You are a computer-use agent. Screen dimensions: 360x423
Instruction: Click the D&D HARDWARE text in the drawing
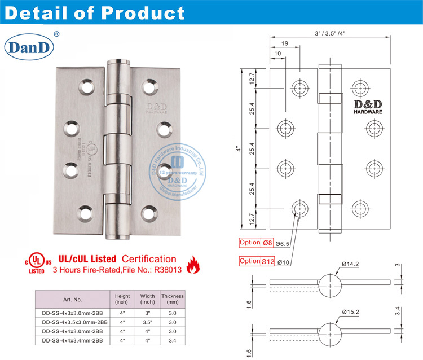click(368, 107)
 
